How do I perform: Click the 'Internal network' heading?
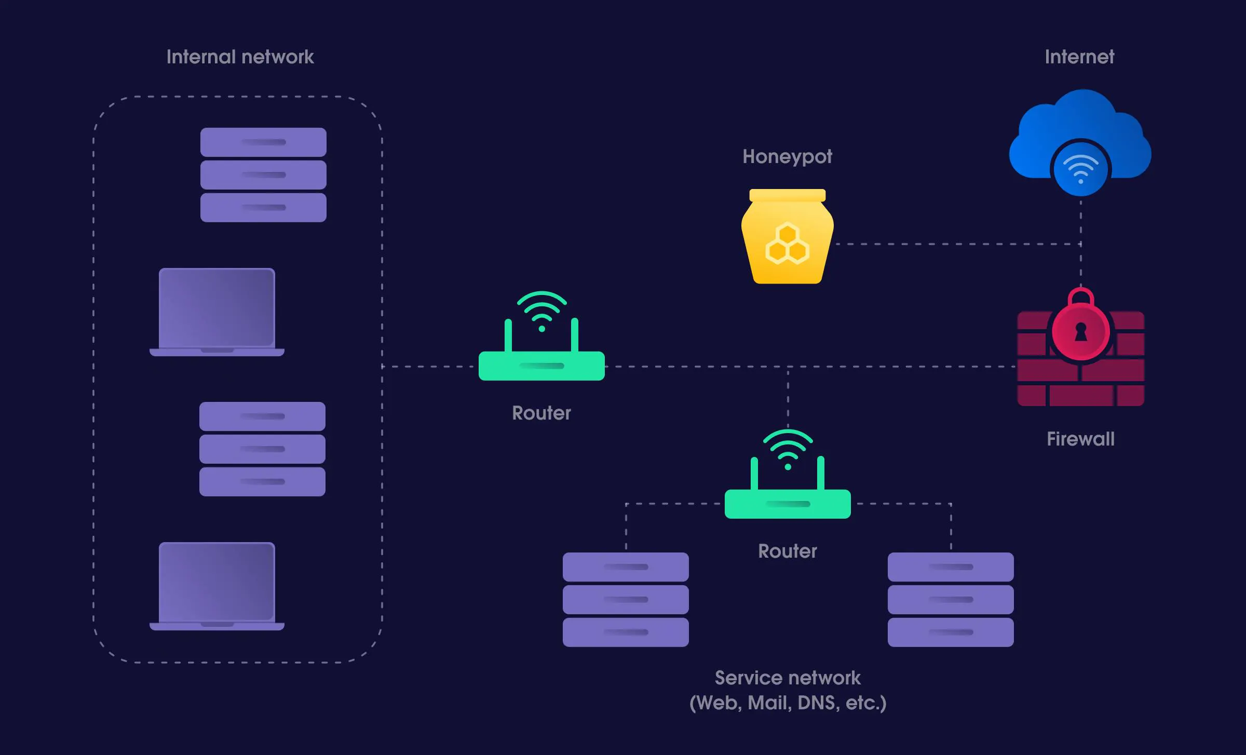[240, 57]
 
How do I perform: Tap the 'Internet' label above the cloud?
[1079, 57]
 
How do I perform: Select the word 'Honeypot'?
[787, 156]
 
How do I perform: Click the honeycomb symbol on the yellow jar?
[787, 244]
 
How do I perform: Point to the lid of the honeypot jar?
[787, 195]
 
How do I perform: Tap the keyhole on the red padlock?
[1081, 332]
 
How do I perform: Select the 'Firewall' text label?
[1080, 439]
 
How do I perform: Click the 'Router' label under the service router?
[787, 551]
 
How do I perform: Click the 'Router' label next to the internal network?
[541, 413]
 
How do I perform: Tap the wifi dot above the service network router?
[788, 467]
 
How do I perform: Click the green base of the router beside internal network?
[541, 366]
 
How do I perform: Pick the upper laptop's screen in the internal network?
[216, 307]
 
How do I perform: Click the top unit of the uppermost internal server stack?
[263, 142]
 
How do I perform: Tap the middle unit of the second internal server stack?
[262, 449]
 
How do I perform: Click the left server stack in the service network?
[626, 599]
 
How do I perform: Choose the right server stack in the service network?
[950, 599]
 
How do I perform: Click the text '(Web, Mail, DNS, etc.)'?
[787, 703]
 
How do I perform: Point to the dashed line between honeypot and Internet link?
[955, 244]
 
